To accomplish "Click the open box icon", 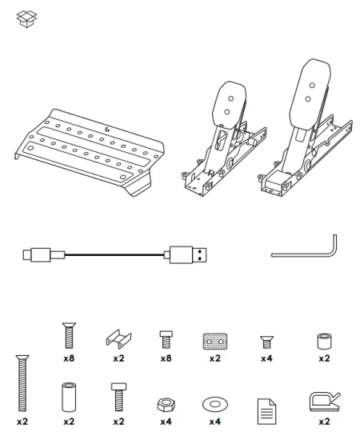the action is tap(26, 19).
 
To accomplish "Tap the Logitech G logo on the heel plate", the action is tap(107, 130).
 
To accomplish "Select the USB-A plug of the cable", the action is tap(188, 254).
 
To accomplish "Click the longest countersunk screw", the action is tap(22, 383).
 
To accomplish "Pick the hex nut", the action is tap(166, 405).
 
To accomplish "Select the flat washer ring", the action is tap(215, 404).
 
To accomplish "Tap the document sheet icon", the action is tap(266, 411).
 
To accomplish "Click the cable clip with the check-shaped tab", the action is tap(324, 402).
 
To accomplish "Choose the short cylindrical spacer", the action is tap(324, 341).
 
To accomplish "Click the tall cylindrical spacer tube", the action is tap(69, 397).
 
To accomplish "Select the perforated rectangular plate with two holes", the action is tap(215, 342).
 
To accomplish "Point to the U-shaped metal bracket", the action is tap(118, 339).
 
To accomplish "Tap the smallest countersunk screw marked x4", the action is tap(266, 342).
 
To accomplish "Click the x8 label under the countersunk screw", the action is tap(69, 358).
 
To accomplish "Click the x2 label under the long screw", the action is tap(22, 422).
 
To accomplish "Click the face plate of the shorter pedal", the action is tap(230, 106).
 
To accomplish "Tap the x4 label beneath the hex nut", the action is tap(166, 422).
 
